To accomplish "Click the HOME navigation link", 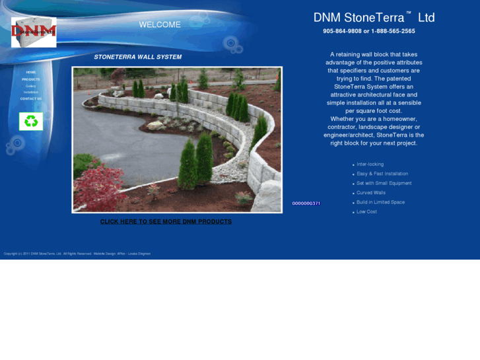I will (x=31, y=72).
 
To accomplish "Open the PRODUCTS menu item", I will (x=31, y=79).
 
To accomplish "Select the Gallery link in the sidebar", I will (x=31, y=86).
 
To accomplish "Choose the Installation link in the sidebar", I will (x=31, y=92).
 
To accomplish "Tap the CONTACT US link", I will (x=31, y=98).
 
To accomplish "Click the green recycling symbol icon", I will (x=31, y=121).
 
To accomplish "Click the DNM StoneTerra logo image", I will (x=34, y=32).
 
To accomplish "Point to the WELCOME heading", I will (x=160, y=25).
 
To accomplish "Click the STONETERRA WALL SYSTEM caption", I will (x=138, y=57).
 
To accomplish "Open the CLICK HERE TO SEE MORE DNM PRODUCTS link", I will (x=166, y=222).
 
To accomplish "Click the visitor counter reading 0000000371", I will (x=306, y=203).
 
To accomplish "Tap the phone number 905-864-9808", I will (x=342, y=31).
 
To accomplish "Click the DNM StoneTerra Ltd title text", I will (x=374, y=18).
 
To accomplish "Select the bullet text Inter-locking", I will (x=370, y=164).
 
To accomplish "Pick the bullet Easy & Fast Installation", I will (x=382, y=174).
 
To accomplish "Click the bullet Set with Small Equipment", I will (x=384, y=183).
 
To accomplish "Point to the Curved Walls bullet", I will (x=371, y=193).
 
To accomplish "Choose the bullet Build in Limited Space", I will (x=380, y=202).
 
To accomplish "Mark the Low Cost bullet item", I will (x=366, y=212).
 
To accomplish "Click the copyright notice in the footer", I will (x=77, y=254).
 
